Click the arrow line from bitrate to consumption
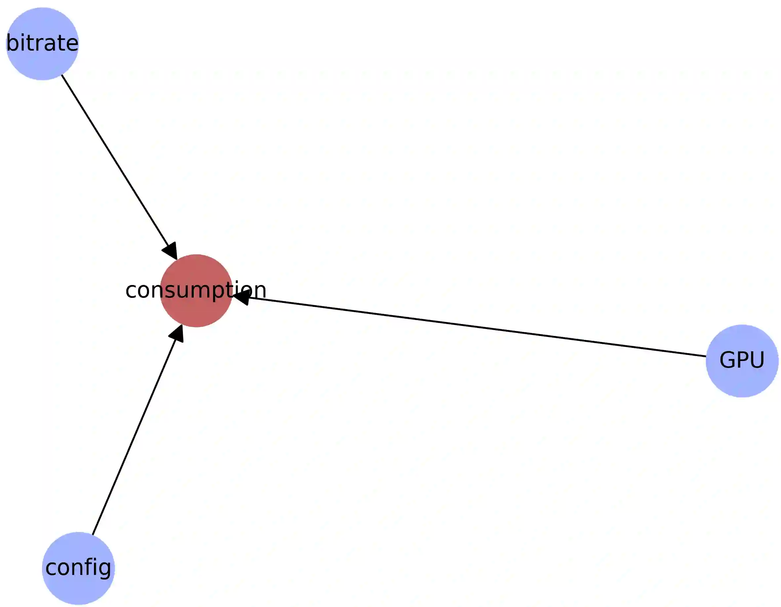pos(114,159)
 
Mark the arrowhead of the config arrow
pos(177,333)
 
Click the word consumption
pos(196,290)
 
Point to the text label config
pos(78,568)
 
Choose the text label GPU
pos(742,360)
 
